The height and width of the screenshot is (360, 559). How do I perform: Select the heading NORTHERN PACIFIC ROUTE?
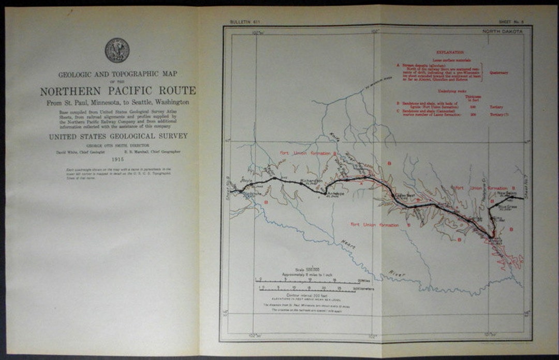point(118,91)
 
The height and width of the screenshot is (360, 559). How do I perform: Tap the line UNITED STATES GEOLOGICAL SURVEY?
point(118,137)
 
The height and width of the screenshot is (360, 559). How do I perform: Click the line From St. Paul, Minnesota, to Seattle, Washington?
point(118,103)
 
